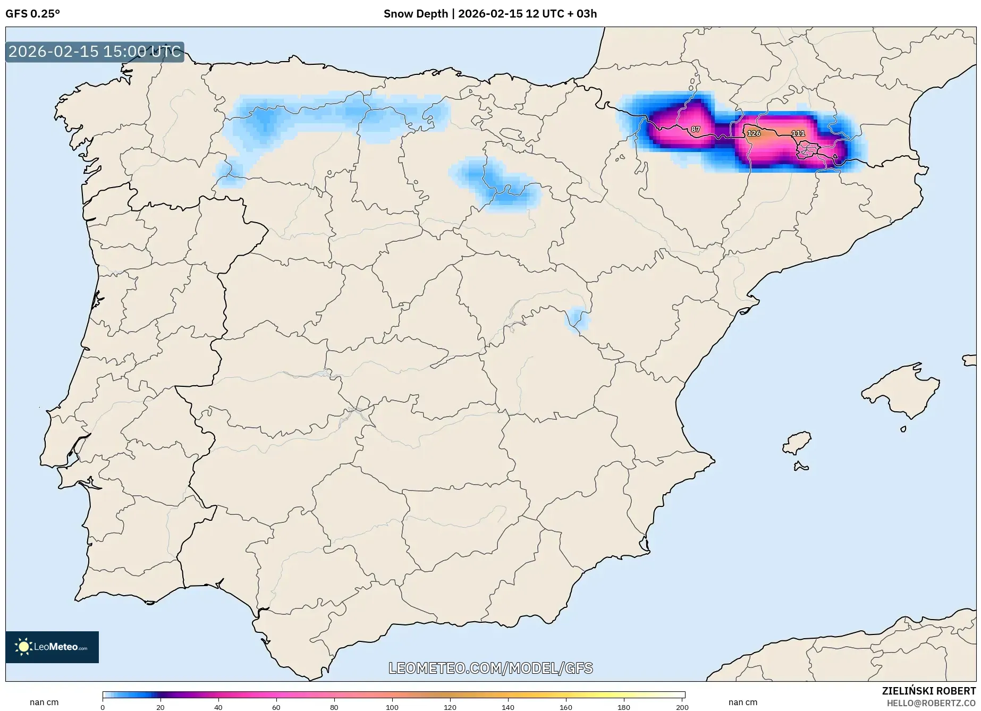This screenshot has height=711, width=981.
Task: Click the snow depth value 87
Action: (696, 129)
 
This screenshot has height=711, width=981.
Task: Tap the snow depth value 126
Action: (754, 133)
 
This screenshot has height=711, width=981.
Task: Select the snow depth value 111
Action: (798, 133)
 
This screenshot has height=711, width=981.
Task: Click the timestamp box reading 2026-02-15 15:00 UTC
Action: (95, 52)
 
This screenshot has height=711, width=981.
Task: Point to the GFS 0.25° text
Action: (32, 14)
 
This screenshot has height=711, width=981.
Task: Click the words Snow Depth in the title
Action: (416, 14)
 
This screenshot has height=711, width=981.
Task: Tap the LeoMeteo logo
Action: (52, 647)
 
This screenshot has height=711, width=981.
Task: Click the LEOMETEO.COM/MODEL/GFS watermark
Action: (490, 668)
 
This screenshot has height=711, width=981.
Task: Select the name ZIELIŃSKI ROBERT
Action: (929, 691)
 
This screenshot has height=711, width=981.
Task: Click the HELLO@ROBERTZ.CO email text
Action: (931, 703)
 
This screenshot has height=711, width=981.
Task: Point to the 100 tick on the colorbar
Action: (392, 707)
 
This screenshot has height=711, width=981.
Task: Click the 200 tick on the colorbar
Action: (682, 707)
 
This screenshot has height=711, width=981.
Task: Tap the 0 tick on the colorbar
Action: (103, 707)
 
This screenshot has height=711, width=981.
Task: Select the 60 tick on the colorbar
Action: (276, 707)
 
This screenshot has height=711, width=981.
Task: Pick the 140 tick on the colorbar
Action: (508, 707)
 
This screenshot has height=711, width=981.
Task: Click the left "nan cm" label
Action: (44, 702)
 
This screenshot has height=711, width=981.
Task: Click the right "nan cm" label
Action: (743, 702)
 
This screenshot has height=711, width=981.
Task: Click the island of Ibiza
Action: (797, 443)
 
